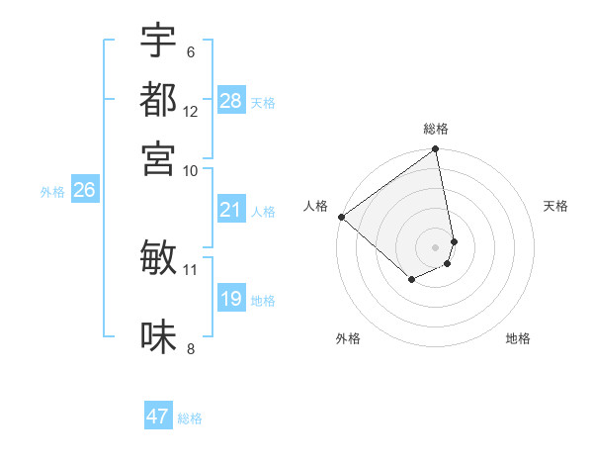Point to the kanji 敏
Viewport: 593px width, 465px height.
tap(158, 257)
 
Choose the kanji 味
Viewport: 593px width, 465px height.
tap(158, 336)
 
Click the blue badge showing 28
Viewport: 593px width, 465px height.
tap(231, 101)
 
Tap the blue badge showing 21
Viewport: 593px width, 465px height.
tap(231, 210)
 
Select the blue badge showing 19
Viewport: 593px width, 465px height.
tap(231, 299)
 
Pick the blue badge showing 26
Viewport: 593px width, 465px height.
tap(84, 191)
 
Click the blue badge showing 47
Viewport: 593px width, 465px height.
tap(158, 417)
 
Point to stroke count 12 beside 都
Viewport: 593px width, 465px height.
tap(191, 111)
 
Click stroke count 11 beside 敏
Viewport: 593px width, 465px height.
tap(191, 269)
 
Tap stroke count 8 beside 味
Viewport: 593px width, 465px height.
tap(191, 348)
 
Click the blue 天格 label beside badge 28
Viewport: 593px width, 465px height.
tap(263, 102)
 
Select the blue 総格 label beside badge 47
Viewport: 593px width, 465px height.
tap(190, 418)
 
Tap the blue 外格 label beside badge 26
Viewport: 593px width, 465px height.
tap(52, 193)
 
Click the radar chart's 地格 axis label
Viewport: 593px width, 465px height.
tap(518, 339)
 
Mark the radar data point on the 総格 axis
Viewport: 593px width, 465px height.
tap(435, 150)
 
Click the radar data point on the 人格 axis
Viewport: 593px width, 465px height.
tap(341, 217)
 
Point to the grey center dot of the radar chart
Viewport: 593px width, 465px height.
tap(435, 246)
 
